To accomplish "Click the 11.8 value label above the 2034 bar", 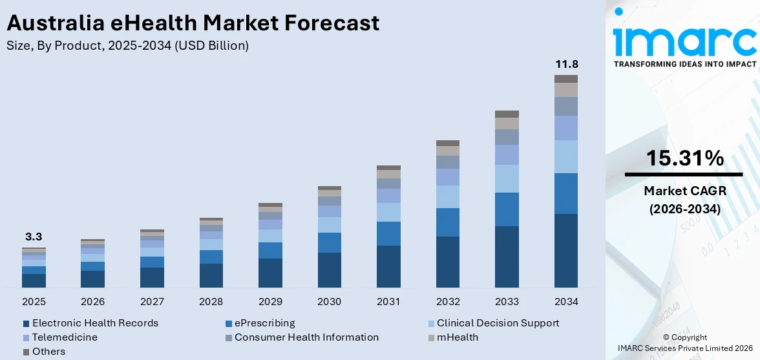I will coord(567,65).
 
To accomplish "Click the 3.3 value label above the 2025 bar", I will coord(34,237).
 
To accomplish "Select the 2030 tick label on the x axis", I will coord(330,302).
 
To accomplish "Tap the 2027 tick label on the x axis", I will coord(152,302).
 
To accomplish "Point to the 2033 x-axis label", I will coord(507,302).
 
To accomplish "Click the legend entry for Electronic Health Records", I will coord(95,323).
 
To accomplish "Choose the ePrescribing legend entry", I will coord(264,323).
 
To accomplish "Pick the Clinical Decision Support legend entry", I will coord(498,323).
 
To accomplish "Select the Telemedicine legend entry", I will coord(65,337).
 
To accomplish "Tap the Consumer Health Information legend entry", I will coord(306,337).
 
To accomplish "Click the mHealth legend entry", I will coord(457,337).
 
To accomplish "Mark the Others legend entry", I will coord(48,352).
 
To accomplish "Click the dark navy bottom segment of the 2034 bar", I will coord(566,251).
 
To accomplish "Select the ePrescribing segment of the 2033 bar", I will coord(507,209).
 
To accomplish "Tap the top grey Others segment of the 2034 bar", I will coord(566,79).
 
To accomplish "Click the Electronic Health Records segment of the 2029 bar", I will coord(270,273).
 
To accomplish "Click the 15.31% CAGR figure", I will coord(684,158).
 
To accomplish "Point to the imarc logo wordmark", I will coord(684,41).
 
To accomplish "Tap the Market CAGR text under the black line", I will coord(684,191).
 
